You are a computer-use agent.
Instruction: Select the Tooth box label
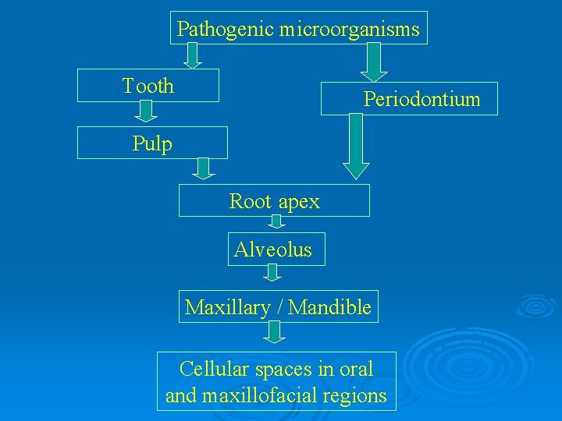point(148,86)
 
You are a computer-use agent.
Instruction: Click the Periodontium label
point(421,99)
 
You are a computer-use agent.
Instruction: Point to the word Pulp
point(152,143)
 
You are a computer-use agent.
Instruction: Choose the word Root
point(251,201)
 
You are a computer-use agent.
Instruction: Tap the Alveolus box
point(273,249)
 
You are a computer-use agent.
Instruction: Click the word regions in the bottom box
point(359,395)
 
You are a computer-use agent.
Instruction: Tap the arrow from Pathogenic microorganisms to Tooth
point(192,55)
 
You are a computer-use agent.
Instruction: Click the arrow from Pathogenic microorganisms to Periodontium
point(375,62)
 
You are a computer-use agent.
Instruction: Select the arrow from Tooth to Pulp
point(146,112)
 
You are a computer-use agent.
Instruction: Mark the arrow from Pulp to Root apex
point(204,168)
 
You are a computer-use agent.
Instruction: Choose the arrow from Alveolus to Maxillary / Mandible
point(272,272)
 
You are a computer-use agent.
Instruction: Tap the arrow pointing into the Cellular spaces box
point(273,333)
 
